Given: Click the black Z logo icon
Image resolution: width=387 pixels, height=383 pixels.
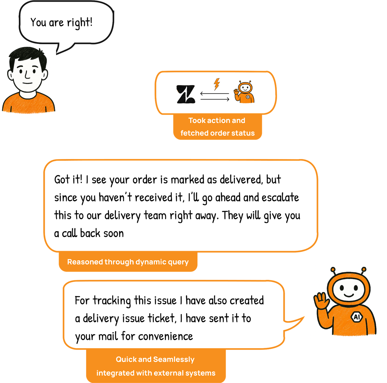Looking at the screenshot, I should click(x=186, y=94).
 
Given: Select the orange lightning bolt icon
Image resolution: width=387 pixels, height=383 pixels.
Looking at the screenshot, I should click(x=217, y=84).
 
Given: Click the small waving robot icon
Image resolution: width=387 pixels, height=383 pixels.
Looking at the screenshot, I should click(x=245, y=92).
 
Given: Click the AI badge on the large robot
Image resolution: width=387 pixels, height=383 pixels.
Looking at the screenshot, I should click(x=357, y=317).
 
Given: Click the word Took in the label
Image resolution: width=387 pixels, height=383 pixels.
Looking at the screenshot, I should click(x=197, y=121).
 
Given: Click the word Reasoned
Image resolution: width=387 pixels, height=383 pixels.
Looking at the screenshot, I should click(x=85, y=262).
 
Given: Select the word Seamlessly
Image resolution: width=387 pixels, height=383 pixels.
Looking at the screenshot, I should click(x=174, y=359).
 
